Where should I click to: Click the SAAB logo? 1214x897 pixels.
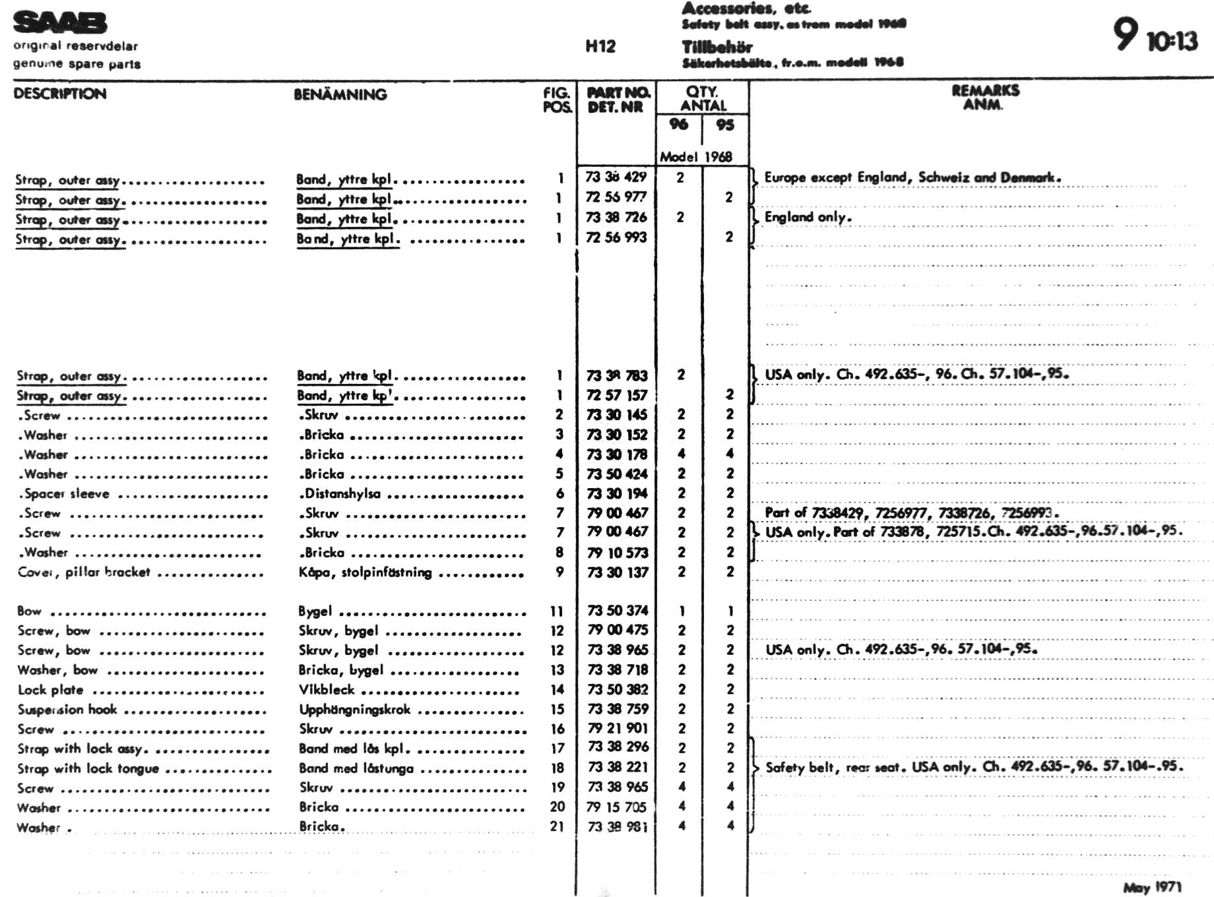pyautogui.click(x=59, y=22)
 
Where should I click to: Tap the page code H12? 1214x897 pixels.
pyautogui.click(x=600, y=46)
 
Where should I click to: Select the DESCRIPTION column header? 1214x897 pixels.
pyautogui.click(x=59, y=94)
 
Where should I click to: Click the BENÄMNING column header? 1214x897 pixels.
pyautogui.click(x=340, y=94)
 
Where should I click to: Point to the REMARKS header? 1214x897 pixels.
pyautogui.click(x=984, y=90)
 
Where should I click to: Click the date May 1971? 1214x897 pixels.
pyautogui.click(x=1152, y=887)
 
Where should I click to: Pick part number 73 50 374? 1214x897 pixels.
pyautogui.click(x=618, y=611)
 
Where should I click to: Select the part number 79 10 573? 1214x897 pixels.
pyautogui.click(x=618, y=553)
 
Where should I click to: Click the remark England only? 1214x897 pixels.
pyautogui.click(x=808, y=217)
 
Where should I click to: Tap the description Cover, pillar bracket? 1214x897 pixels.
pyautogui.click(x=84, y=572)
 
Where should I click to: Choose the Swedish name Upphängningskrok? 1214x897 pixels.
pyautogui.click(x=354, y=709)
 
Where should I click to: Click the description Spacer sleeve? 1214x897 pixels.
pyautogui.click(x=66, y=493)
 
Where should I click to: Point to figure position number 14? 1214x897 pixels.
pyautogui.click(x=558, y=689)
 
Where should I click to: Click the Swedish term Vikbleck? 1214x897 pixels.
pyautogui.click(x=327, y=689)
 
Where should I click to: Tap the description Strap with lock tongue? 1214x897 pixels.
pyautogui.click(x=88, y=768)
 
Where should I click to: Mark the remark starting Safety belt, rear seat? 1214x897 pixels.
pyautogui.click(x=974, y=767)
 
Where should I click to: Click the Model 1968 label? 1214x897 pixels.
pyautogui.click(x=695, y=157)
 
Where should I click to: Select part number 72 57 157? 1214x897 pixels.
pyautogui.click(x=617, y=395)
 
